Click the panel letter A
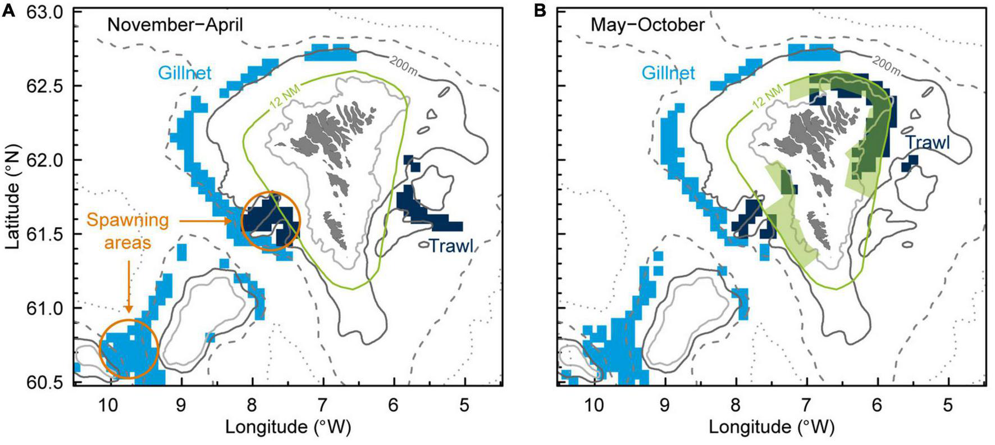click(8, 11)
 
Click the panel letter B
click(540, 11)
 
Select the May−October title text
click(647, 25)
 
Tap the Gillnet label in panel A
click(184, 72)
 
